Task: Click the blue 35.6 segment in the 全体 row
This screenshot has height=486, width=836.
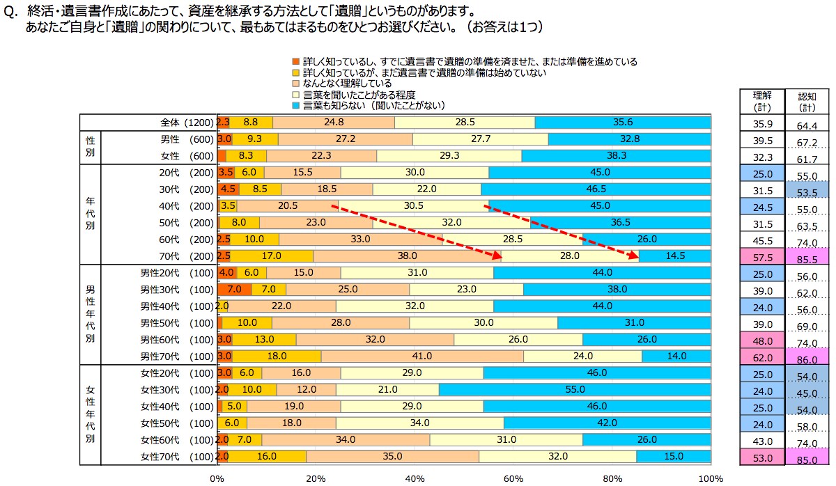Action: point(623,122)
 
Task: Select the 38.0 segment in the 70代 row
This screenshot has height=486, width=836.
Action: point(407,256)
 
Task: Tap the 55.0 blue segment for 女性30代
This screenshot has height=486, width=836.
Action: point(575,389)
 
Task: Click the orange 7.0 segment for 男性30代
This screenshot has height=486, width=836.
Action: point(234,290)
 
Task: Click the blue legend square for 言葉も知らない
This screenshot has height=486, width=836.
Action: point(297,105)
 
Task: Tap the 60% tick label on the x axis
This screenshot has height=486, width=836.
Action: point(513,478)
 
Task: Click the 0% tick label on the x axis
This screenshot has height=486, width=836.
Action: point(217,478)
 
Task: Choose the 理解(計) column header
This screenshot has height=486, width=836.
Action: point(762,101)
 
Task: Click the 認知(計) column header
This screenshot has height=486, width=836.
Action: point(807,101)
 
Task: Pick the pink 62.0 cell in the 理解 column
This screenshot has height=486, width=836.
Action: point(762,356)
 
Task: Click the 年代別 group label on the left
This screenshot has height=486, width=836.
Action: point(91,214)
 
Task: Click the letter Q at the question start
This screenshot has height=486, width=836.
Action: point(9,13)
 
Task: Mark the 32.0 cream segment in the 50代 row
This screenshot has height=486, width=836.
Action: point(451,223)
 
